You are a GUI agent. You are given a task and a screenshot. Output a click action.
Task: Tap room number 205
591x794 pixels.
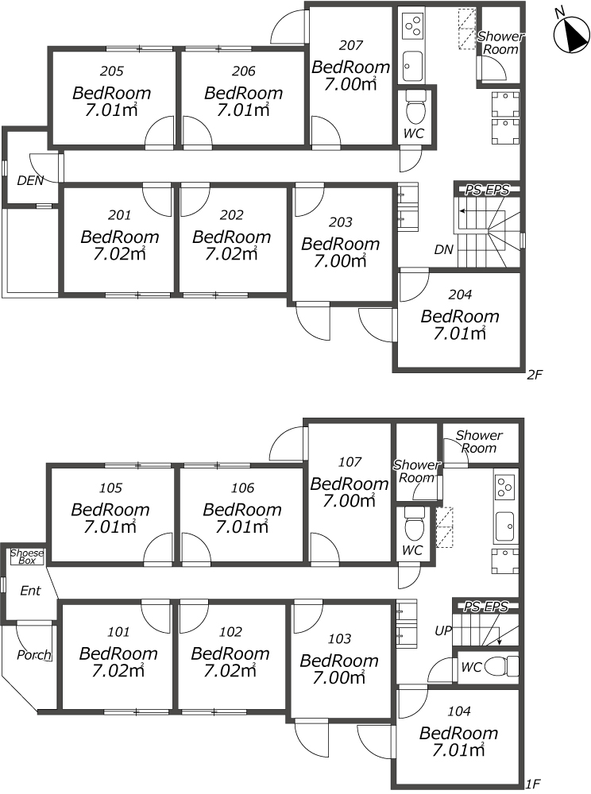tap(111, 71)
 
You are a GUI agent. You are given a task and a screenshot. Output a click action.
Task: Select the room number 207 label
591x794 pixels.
tap(350, 45)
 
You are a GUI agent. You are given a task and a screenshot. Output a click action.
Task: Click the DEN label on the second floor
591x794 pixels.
tap(30, 180)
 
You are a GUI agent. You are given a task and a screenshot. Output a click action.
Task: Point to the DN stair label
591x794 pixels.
tap(443, 249)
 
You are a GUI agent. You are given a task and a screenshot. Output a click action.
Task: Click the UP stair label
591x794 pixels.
tap(443, 630)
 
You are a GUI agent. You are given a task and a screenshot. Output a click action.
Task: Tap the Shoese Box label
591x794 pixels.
tap(27, 557)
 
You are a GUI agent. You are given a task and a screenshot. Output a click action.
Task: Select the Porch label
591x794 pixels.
tap(34, 655)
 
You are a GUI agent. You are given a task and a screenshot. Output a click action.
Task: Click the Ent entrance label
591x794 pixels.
tap(30, 591)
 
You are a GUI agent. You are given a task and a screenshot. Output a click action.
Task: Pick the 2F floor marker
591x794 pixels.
tap(535, 376)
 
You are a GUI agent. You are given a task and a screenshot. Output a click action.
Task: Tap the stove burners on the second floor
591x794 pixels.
tap(413, 25)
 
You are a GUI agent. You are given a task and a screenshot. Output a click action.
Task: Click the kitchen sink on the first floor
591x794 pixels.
tap(504, 526)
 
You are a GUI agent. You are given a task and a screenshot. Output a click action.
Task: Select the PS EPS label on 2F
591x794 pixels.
tap(487, 190)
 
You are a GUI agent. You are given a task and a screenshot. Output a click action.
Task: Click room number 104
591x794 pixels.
tap(459, 711)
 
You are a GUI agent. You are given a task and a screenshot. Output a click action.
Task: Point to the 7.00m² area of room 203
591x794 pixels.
tap(340, 261)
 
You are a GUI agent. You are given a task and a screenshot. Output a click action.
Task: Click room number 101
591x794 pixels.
tap(118, 632)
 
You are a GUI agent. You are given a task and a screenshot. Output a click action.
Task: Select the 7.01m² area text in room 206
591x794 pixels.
tap(243, 110)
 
